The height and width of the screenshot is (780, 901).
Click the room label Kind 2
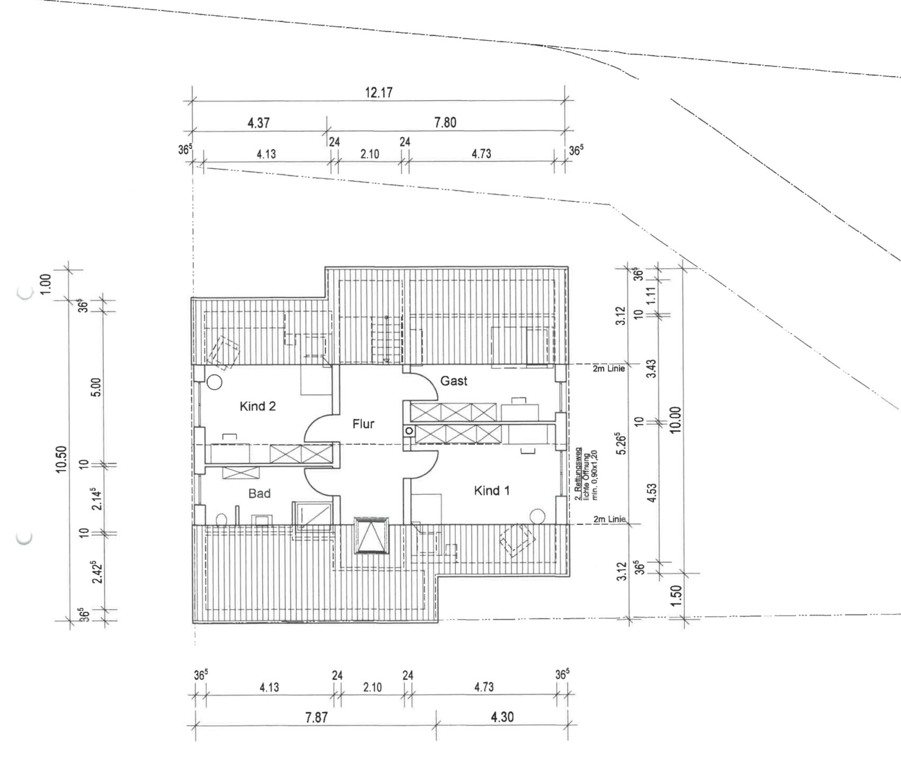(x=258, y=406)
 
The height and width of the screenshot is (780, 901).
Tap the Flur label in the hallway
(x=364, y=424)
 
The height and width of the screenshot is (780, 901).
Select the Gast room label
(x=454, y=381)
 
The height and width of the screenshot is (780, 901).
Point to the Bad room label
(x=260, y=494)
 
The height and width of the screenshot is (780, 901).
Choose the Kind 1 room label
(x=492, y=490)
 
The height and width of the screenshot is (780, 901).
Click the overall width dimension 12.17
(x=379, y=92)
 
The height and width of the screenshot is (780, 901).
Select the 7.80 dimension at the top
(x=445, y=122)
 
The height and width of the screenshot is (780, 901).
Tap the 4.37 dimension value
(x=259, y=123)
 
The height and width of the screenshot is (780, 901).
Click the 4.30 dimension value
(x=502, y=717)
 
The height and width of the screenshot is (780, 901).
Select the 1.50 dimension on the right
(x=676, y=598)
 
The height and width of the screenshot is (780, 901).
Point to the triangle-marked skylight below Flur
(x=372, y=535)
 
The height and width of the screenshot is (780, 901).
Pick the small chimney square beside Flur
(x=409, y=431)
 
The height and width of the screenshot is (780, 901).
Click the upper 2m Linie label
(x=609, y=369)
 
